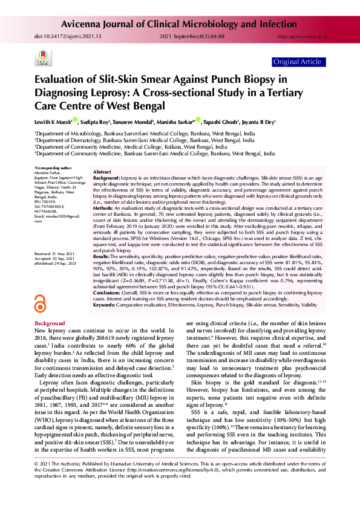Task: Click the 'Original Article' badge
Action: (x=298, y=62)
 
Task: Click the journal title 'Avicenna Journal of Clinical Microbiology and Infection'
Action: (x=194, y=25)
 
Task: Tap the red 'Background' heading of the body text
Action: (x=50, y=324)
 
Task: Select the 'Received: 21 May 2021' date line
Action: (x=55, y=271)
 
